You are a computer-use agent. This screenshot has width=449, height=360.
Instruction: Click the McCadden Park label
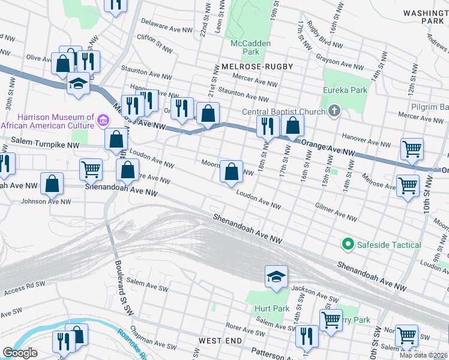pyautogui.click(x=251, y=48)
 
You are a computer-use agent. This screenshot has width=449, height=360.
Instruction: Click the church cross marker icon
pyautogui.click(x=334, y=110)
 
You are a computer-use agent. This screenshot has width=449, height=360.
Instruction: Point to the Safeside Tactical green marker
pyautogui.click(x=347, y=245)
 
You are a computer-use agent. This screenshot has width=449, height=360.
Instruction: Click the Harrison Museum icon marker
pyautogui.click(x=102, y=122)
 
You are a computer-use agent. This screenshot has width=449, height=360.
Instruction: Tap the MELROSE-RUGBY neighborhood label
pyautogui.click(x=257, y=66)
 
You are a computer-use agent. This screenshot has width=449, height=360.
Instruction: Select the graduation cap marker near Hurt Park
pyautogui.click(x=276, y=277)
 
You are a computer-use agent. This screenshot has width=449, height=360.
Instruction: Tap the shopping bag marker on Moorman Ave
pyautogui.click(x=231, y=172)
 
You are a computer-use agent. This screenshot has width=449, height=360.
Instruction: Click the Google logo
pyautogui.click(x=20, y=353)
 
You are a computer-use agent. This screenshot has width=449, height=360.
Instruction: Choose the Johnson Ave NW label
pyautogui.click(x=42, y=201)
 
